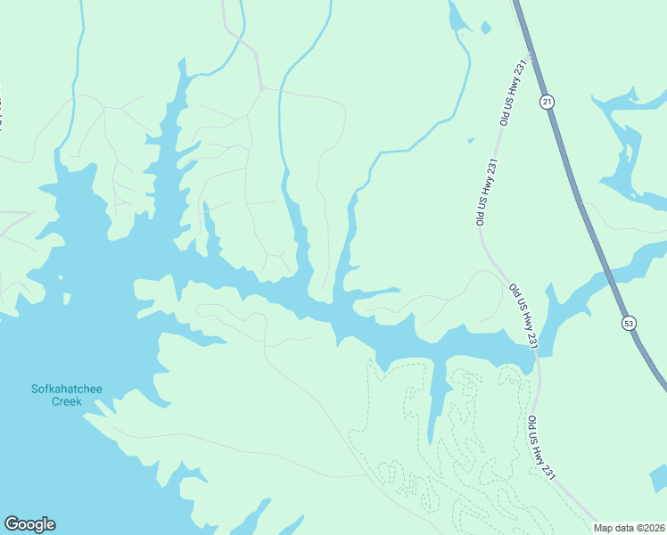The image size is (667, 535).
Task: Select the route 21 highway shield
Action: (x=547, y=103)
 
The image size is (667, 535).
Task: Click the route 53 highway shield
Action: (x=630, y=323)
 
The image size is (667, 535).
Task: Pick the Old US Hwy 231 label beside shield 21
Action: (x=515, y=93)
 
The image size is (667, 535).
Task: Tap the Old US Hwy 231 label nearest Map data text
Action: (x=541, y=449)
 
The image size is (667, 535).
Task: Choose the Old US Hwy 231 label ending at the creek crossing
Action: (x=523, y=316)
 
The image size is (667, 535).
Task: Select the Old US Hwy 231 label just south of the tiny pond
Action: (x=485, y=192)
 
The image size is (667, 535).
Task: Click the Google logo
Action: (x=29, y=523)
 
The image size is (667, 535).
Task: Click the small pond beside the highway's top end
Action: (x=486, y=28)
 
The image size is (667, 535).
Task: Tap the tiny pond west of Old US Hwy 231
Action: (x=471, y=140)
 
